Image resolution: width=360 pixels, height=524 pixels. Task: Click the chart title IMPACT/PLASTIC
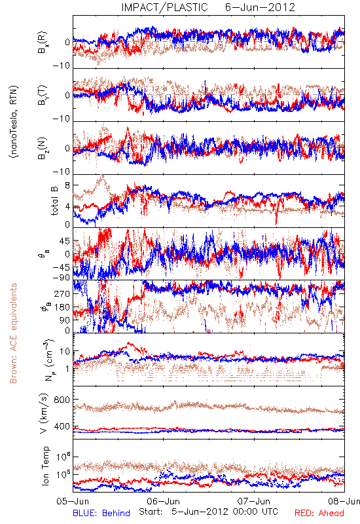point(164,7)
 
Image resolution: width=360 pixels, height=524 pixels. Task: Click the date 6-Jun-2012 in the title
point(260,7)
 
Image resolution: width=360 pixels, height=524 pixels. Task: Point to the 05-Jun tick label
point(73,501)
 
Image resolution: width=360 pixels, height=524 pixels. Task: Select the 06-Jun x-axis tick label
point(163,501)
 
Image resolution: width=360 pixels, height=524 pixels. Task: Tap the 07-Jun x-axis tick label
point(254,501)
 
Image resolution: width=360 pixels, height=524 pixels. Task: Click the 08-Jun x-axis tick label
point(344,501)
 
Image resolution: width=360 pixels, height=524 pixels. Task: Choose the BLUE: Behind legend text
point(101,513)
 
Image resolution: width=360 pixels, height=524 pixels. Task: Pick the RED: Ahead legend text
point(319,513)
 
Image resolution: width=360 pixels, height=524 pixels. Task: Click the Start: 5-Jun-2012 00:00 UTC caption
point(208,512)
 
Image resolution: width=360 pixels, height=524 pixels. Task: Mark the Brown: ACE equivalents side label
point(13,333)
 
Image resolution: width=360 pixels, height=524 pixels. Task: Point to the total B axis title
point(54,201)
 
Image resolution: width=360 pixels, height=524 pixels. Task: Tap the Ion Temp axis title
point(45,466)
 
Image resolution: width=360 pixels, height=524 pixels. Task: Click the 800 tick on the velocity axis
point(62,400)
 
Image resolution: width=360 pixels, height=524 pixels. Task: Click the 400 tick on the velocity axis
point(62,426)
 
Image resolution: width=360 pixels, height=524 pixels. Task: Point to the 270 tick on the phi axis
point(62,293)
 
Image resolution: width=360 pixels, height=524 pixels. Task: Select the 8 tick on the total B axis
point(67,185)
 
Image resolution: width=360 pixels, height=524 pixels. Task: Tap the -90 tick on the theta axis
point(62,277)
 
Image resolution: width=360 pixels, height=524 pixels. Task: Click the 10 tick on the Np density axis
point(65,352)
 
